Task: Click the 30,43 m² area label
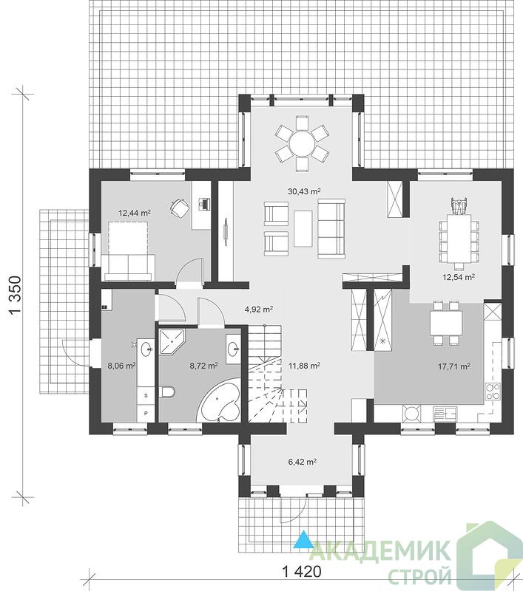302,191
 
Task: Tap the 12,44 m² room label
135,213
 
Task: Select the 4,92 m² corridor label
259,310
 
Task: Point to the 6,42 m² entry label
302,461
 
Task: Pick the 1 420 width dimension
302,571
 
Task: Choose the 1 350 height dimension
14,295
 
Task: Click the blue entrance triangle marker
303,539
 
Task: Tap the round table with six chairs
302,143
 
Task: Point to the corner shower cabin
172,342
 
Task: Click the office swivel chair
179,208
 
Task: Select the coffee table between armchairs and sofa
303,228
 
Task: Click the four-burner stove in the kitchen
492,392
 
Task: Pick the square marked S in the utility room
146,395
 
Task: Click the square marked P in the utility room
146,414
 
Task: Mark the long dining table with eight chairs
459,238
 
